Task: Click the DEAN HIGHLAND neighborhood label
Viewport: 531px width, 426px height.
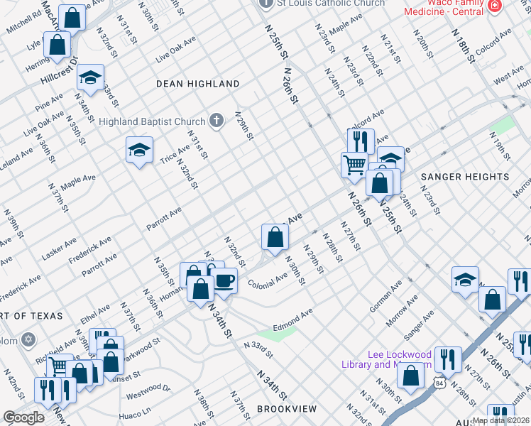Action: click(198, 84)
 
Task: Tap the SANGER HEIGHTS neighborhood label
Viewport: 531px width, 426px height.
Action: click(465, 176)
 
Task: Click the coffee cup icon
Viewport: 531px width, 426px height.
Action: click(224, 280)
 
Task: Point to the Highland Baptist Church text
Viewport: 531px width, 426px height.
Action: click(152, 121)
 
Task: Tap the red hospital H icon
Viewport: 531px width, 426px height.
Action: click(495, 5)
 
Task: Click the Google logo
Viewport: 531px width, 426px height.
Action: click(23, 417)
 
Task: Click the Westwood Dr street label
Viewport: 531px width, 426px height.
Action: click(148, 388)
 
